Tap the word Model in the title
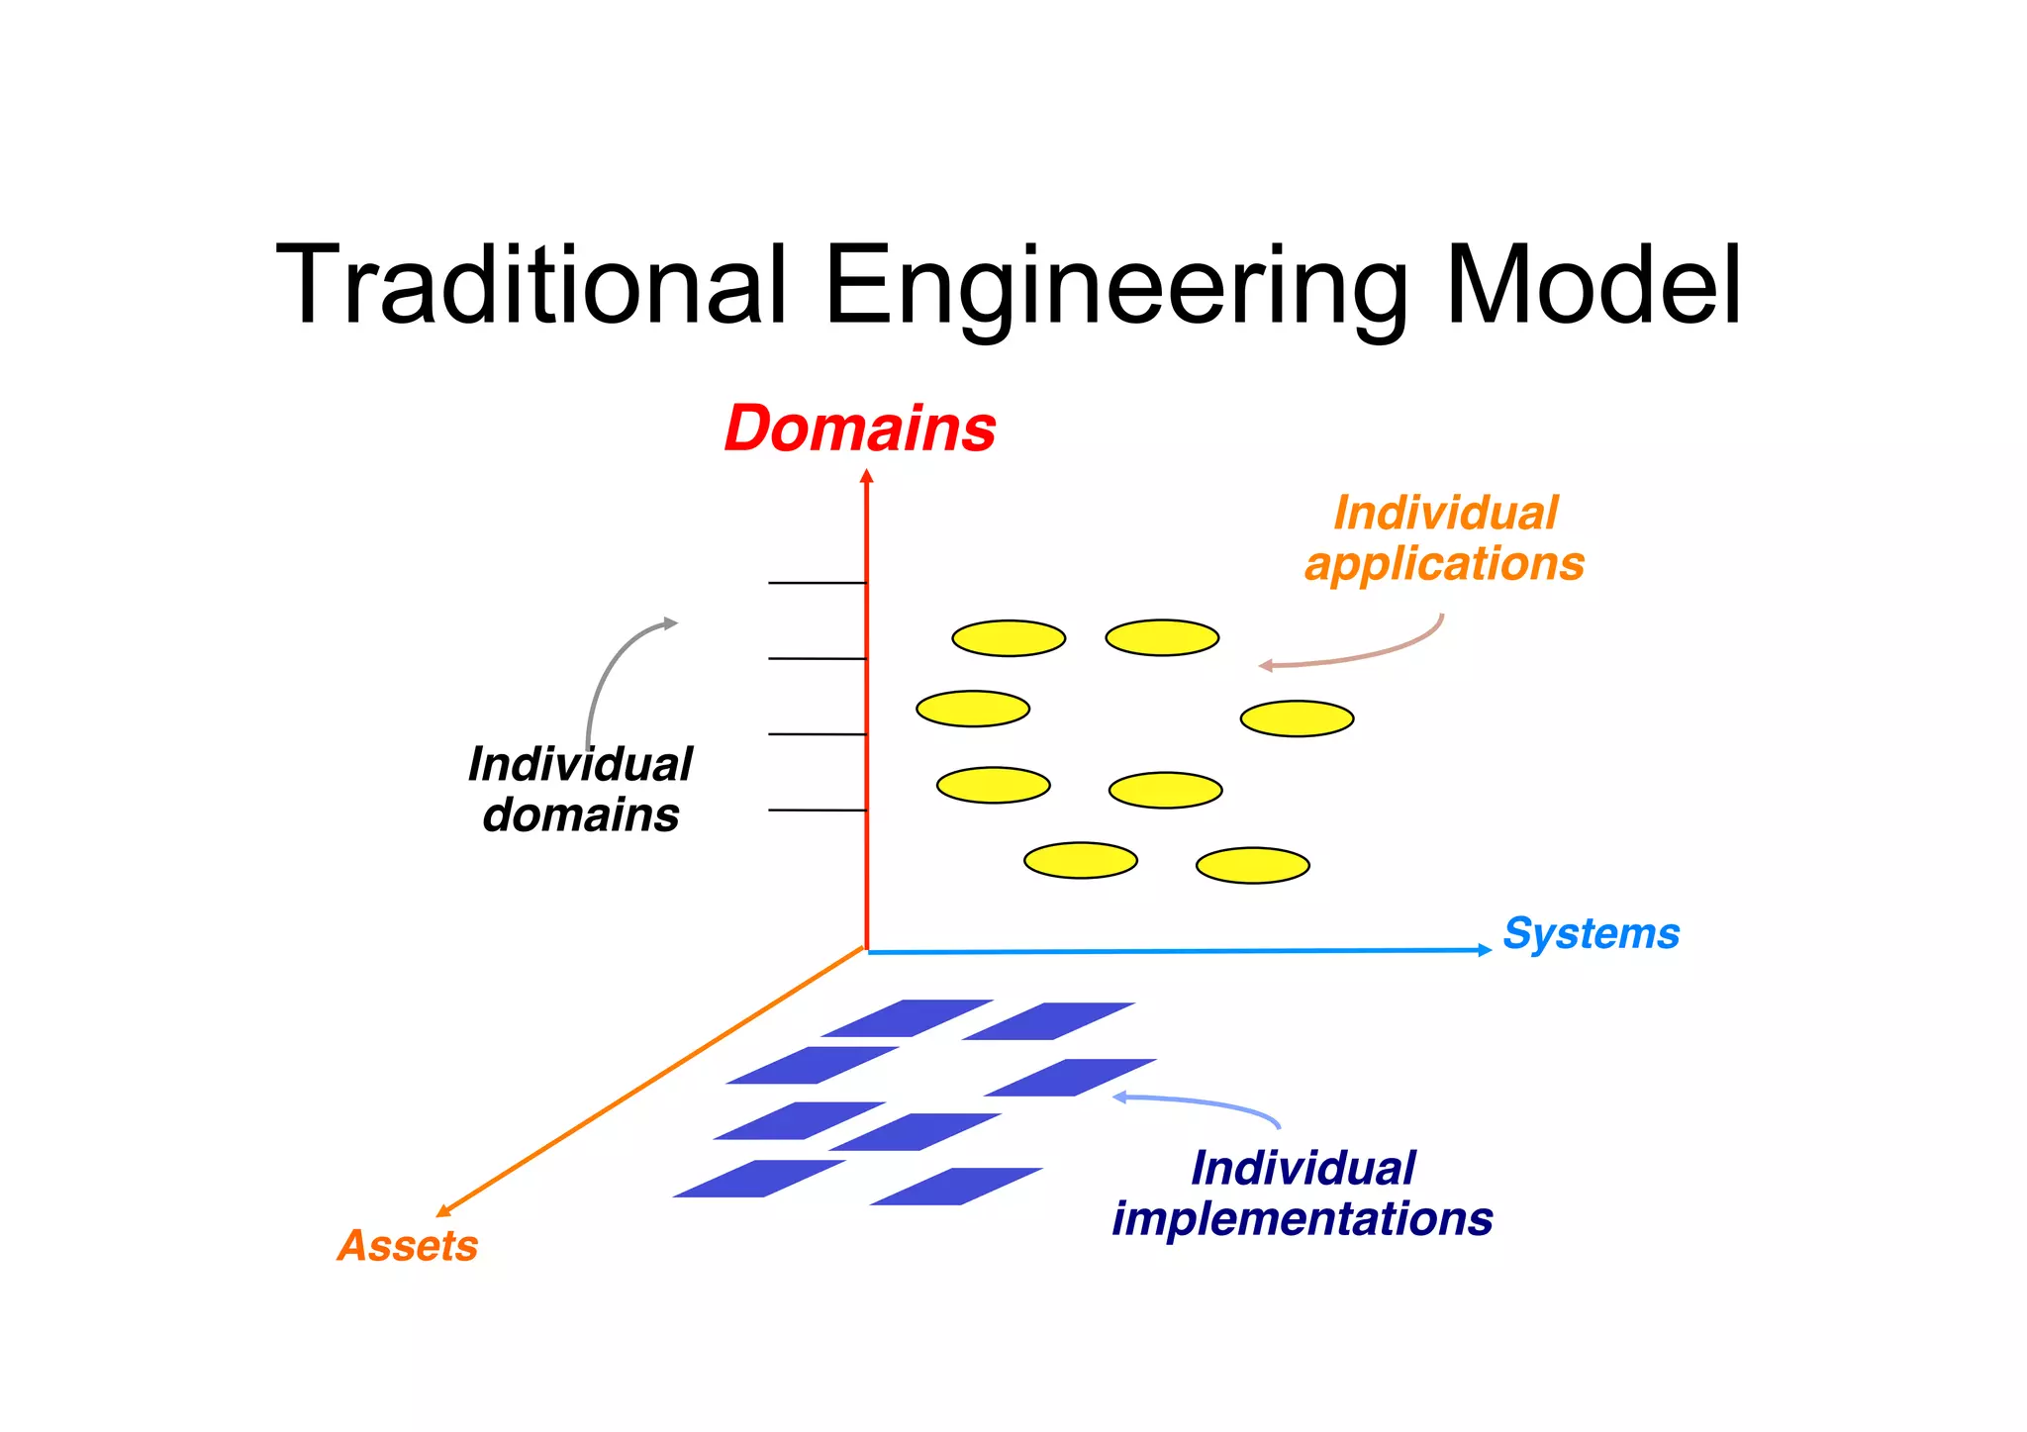click(1593, 286)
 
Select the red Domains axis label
click(860, 430)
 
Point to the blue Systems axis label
click(1591, 934)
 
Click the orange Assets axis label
click(408, 1246)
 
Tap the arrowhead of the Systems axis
click(1485, 950)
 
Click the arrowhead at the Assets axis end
click(443, 1210)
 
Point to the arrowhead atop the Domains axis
click(867, 477)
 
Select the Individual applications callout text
click(1445, 539)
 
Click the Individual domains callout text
click(581, 791)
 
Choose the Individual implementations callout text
click(1303, 1193)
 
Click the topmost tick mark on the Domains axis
click(818, 583)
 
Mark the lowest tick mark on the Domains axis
click(818, 811)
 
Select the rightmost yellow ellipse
click(1297, 718)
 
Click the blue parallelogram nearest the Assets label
click(759, 1179)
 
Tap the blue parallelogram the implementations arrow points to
click(1070, 1078)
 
